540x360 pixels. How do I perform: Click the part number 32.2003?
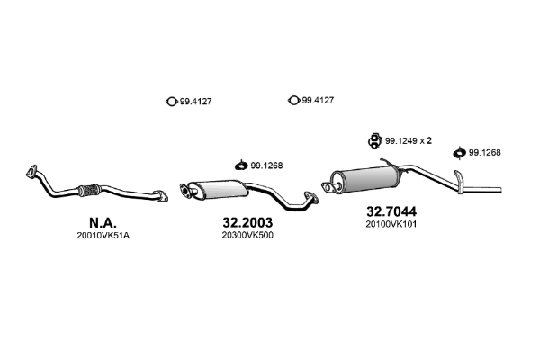pos(247,220)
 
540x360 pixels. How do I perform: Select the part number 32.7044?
pos(391,213)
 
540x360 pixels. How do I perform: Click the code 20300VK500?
pos(247,236)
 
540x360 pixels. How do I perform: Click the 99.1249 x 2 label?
pos(409,140)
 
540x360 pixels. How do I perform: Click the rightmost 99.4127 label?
pos(318,101)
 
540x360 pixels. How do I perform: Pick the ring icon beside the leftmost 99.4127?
pos(171,101)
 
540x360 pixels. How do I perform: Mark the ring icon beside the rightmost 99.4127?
pos(292,101)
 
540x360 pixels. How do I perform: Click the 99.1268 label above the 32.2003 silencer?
pos(267,165)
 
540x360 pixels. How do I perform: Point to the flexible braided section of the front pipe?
pos(88,190)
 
